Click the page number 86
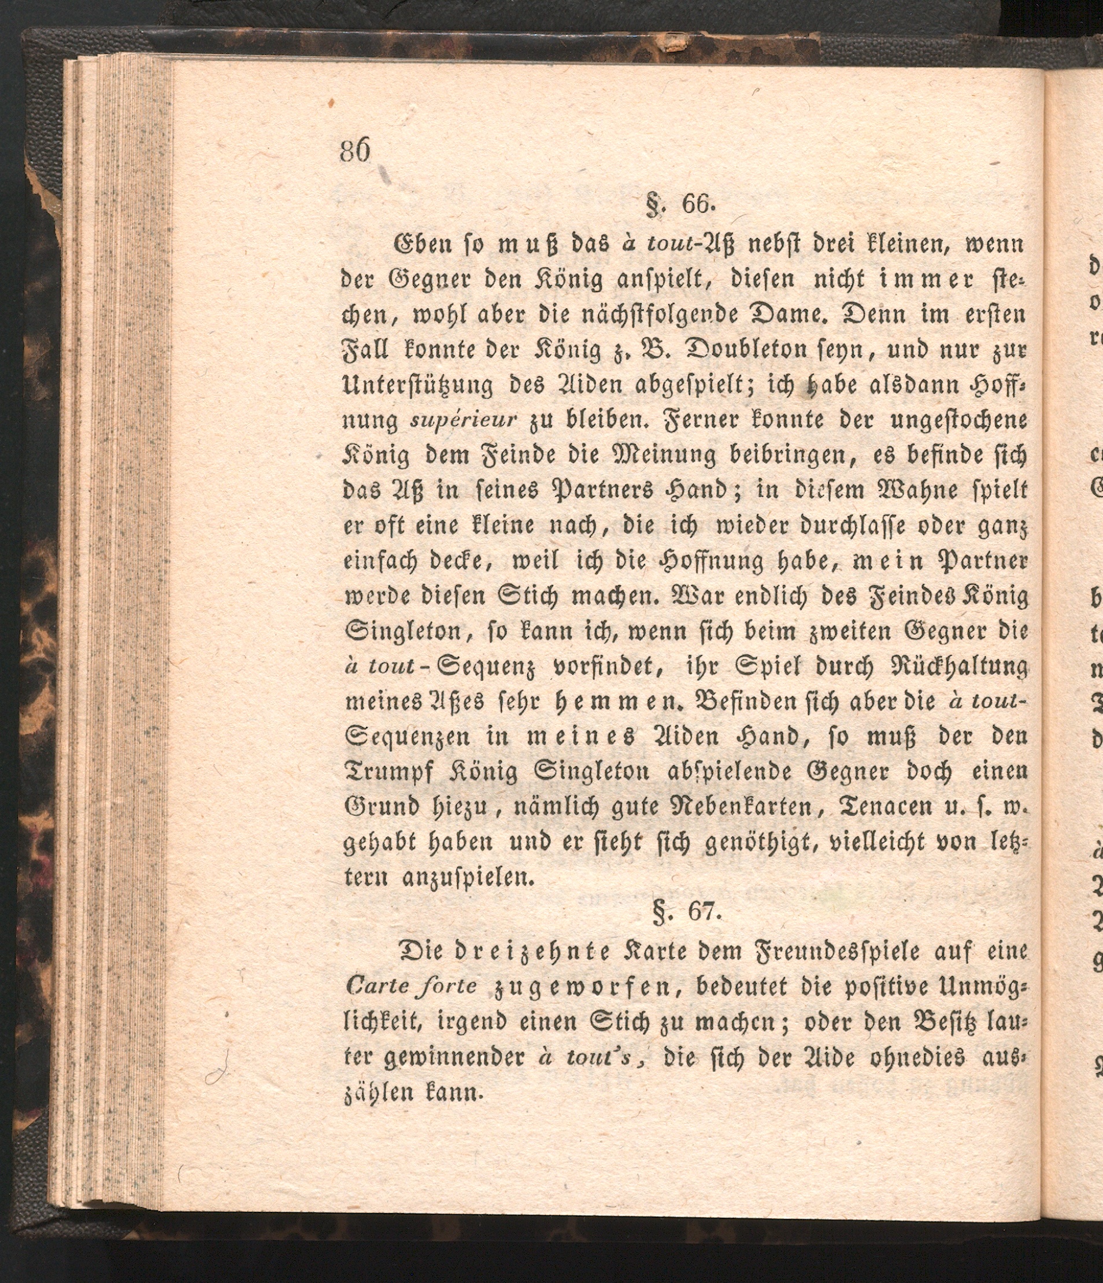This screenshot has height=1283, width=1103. point(354,150)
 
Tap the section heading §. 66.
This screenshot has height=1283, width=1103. point(680,205)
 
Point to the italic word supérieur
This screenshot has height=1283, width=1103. point(464,421)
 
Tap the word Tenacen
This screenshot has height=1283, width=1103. point(884,808)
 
